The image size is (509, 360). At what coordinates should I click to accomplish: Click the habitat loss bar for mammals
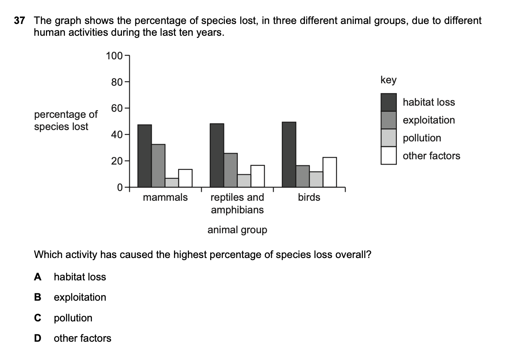145,156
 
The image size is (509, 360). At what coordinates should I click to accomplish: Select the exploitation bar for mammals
158,166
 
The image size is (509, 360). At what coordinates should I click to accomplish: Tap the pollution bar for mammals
172,182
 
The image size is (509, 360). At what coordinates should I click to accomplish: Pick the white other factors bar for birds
329,172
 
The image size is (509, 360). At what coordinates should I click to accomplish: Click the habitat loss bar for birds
289,155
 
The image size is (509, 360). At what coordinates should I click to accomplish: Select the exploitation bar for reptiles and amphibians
231,170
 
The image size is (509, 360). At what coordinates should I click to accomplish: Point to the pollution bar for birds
316,179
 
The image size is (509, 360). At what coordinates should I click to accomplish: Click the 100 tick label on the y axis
113,56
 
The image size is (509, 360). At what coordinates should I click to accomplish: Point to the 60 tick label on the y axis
116,108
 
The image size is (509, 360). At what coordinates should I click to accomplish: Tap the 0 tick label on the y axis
120,188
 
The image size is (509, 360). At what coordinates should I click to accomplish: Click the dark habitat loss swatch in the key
388,102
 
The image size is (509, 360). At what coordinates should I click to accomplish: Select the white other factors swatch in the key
388,156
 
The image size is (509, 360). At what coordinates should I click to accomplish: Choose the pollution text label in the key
422,138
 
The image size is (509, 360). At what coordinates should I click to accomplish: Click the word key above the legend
388,80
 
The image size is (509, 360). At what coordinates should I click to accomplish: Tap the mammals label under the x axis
165,197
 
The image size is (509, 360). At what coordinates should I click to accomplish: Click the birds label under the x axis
309,197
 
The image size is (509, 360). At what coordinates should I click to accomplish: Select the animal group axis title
237,230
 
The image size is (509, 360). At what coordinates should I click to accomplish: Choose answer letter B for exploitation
38,297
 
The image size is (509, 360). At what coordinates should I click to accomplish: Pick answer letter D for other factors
38,338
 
